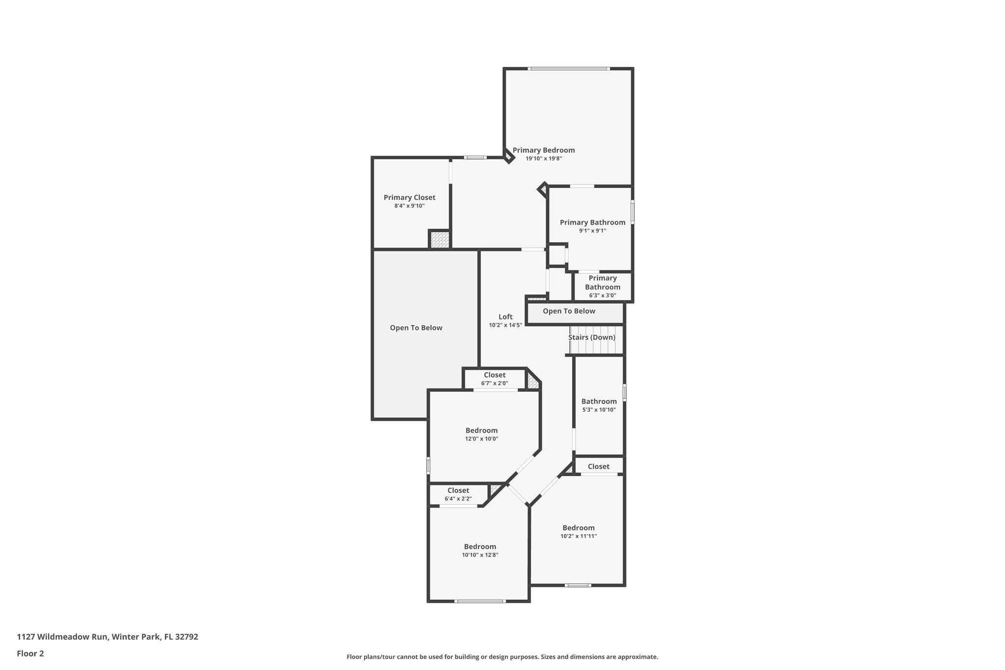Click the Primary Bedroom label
click(x=544, y=150)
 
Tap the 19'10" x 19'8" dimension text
click(x=544, y=159)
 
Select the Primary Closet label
click(x=409, y=197)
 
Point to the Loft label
click(x=505, y=317)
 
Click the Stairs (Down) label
click(x=591, y=337)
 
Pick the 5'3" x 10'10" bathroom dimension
click(x=599, y=410)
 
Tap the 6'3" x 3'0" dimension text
click(x=603, y=295)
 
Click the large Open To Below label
click(x=416, y=328)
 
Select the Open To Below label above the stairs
click(x=569, y=311)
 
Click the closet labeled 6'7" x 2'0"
click(x=495, y=378)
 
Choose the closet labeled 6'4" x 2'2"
click(x=458, y=494)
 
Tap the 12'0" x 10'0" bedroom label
click(x=481, y=434)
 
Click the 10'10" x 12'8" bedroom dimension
click(x=480, y=555)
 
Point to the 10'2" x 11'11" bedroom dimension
click(x=579, y=536)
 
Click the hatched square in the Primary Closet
click(x=439, y=240)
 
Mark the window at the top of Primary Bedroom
click(x=569, y=69)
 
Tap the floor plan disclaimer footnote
click(x=502, y=657)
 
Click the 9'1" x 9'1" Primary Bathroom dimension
click(x=592, y=231)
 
